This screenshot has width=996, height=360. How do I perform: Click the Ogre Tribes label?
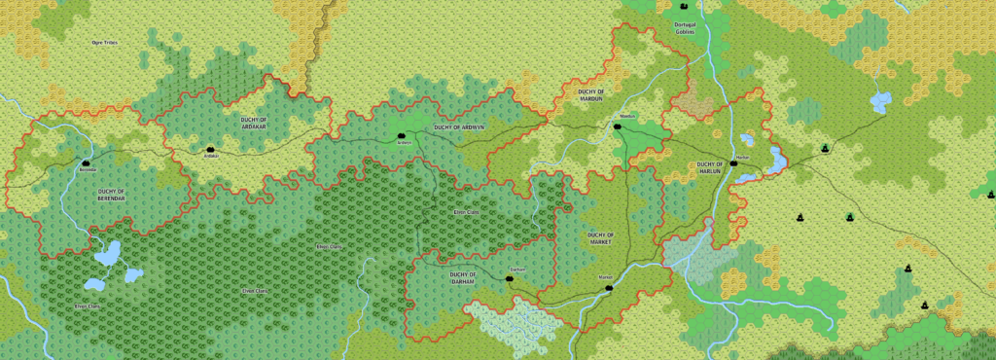tap(104, 43)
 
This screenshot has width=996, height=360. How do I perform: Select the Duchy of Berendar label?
tap(112, 195)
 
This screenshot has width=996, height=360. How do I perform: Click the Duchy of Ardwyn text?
tap(459, 126)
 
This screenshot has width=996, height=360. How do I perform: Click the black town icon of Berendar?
tap(86, 162)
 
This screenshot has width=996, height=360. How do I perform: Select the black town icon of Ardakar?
tap(210, 148)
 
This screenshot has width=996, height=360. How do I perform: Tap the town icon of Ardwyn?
tap(400, 136)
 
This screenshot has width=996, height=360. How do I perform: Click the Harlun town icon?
tap(735, 162)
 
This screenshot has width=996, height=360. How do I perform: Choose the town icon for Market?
tap(609, 287)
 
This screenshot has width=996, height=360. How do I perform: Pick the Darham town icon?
tap(508, 278)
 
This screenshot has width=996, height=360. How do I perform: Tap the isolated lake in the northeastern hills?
tap(881, 100)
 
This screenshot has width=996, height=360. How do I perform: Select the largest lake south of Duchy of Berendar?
tap(108, 255)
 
